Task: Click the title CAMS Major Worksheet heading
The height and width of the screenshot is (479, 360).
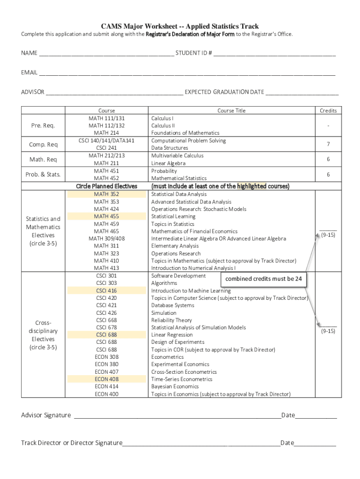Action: click(180, 26)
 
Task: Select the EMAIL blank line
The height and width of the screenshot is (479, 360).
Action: click(187, 73)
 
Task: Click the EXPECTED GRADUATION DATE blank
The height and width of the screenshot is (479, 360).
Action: click(302, 92)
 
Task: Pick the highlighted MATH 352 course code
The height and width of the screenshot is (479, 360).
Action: click(107, 194)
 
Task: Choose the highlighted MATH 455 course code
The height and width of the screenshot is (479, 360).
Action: click(107, 217)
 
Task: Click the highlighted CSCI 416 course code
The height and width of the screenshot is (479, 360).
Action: click(107, 290)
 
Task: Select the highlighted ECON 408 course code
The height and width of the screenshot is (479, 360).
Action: click(107, 379)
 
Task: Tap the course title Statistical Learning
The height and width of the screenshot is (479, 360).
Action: click(173, 217)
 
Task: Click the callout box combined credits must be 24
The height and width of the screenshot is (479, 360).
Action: click(263, 279)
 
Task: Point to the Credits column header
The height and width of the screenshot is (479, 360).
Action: click(328, 111)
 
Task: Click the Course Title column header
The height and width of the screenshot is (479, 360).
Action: click(231, 111)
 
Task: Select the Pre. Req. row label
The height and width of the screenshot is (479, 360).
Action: click(43, 126)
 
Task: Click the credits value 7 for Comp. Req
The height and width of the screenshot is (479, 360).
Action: click(328, 145)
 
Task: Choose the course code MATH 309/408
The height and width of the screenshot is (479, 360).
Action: click(107, 239)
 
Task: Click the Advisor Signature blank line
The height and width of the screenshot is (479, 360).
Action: click(178, 415)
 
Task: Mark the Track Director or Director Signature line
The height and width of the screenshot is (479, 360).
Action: click(201, 443)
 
